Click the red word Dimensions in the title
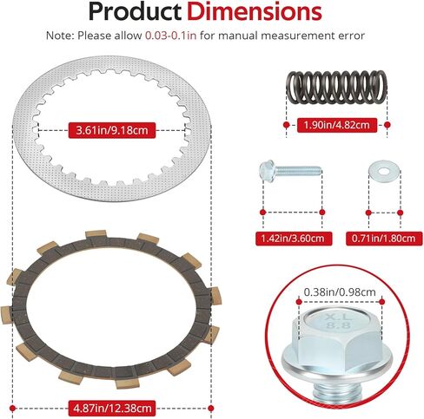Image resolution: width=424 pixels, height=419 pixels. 262,13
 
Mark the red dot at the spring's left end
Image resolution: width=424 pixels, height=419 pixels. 286,123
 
